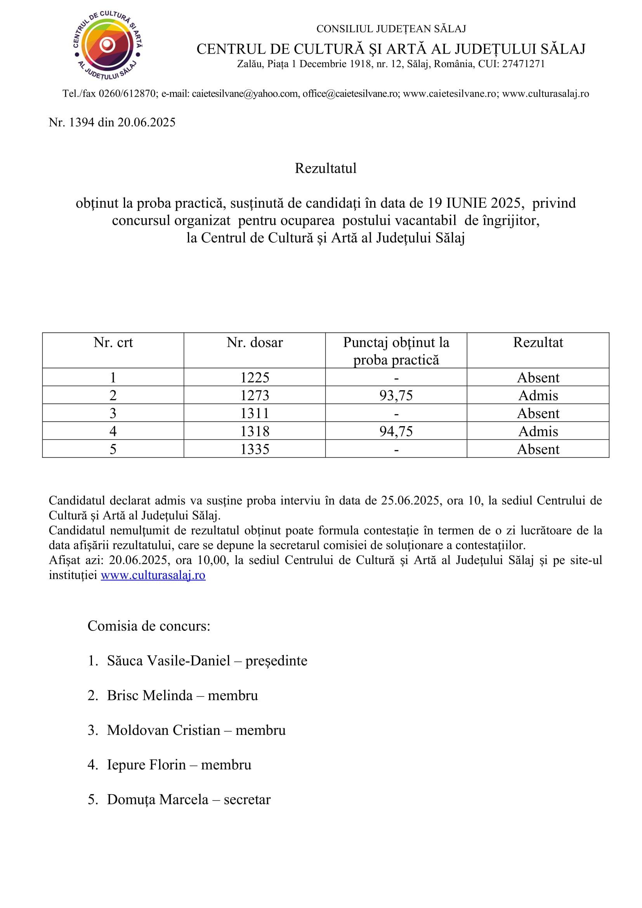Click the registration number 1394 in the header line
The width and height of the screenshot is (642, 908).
82,122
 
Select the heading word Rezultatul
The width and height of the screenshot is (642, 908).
325,168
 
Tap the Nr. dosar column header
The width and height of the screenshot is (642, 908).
255,342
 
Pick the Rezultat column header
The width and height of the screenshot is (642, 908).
538,342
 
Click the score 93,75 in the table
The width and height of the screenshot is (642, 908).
396,396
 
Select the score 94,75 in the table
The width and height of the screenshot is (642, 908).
396,431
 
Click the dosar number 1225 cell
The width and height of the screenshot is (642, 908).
255,378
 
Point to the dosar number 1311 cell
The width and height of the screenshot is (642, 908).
255,413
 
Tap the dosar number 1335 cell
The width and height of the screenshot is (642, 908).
255,449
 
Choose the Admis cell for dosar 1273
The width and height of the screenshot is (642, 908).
538,396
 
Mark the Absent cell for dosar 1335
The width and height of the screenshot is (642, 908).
538,449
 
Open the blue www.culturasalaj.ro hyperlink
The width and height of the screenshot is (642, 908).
153,575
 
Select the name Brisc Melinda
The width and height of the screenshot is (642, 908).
150,696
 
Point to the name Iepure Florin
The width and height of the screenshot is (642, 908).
146,765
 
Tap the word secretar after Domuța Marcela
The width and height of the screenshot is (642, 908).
247,800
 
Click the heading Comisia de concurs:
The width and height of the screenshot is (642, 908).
149,626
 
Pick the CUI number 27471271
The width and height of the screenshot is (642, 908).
523,64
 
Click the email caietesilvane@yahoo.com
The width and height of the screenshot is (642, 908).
245,94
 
